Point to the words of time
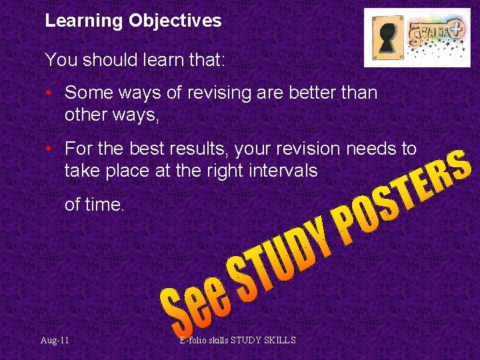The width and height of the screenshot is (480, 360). (95, 205)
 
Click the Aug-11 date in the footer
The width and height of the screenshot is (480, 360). (54, 341)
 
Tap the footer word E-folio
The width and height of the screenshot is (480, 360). (197, 341)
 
